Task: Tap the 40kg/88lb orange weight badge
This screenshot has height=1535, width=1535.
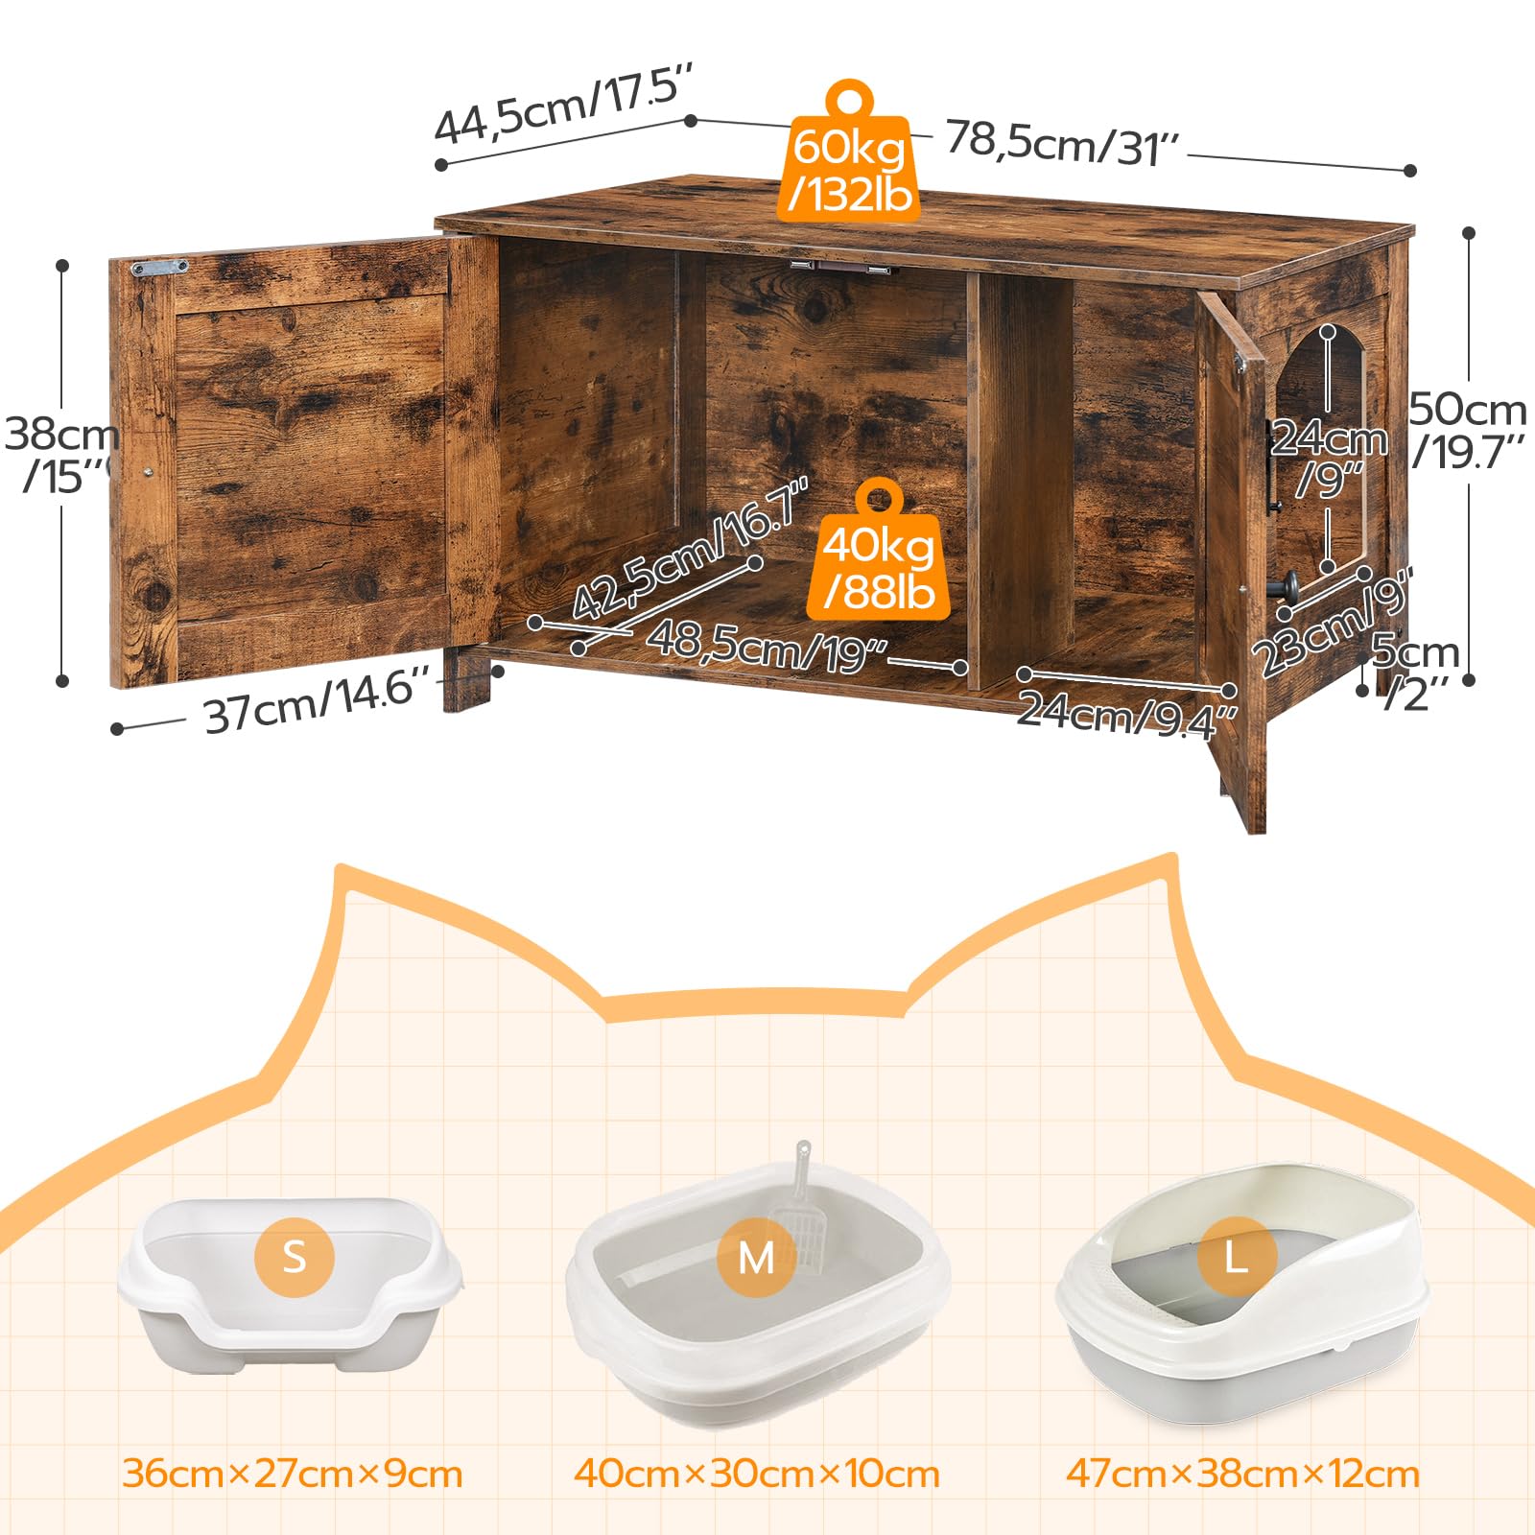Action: pyautogui.click(x=879, y=561)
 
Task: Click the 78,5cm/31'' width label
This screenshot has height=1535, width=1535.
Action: pyautogui.click(x=1063, y=144)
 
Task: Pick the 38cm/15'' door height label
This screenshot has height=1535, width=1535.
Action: pyautogui.click(x=59, y=456)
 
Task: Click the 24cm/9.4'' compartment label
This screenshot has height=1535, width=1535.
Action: pyautogui.click(x=1126, y=715)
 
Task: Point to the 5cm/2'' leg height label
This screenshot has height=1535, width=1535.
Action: pyautogui.click(x=1414, y=672)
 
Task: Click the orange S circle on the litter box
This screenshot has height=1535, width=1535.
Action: pyautogui.click(x=295, y=1257)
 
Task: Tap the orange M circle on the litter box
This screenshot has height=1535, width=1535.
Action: pyautogui.click(x=757, y=1257)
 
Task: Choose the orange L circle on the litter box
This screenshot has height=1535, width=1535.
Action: pyautogui.click(x=1236, y=1257)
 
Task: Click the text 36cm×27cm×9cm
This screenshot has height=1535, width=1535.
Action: pyautogui.click(x=293, y=1474)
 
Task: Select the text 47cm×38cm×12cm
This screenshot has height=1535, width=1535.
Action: pyautogui.click(x=1242, y=1474)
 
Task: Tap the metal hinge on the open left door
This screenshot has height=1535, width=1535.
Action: pyautogui.click(x=160, y=268)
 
